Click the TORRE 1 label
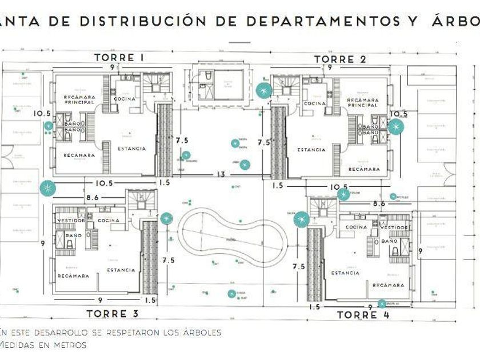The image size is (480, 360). [x=118, y=57]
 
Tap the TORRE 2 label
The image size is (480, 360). [x=340, y=59]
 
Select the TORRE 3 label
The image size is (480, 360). [x=113, y=313]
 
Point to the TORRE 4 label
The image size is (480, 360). [x=357, y=315]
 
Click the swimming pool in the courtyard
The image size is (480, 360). [x=233, y=237]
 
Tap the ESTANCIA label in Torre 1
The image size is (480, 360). [x=131, y=149]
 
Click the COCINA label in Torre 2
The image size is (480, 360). [x=315, y=104]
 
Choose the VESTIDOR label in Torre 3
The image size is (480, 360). [x=71, y=221]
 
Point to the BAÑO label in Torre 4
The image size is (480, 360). [x=389, y=242]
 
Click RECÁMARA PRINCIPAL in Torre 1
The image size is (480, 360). [x=79, y=100]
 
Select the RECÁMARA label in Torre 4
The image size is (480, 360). [x=388, y=285]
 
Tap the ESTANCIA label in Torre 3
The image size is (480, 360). [x=121, y=270]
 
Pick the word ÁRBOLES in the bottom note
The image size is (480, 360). [x=199, y=332]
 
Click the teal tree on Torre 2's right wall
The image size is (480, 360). [x=395, y=127]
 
